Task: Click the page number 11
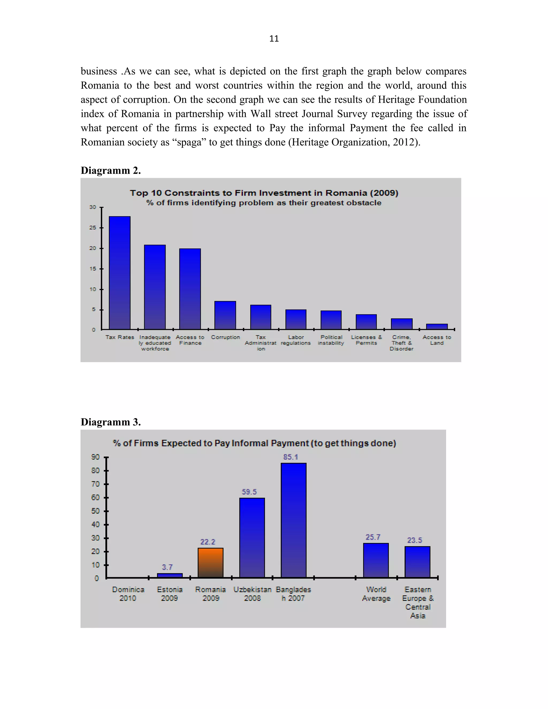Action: [x=274, y=39]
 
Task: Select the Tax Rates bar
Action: [x=119, y=273]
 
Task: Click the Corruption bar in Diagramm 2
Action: [x=225, y=315]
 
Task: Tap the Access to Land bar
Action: [x=437, y=327]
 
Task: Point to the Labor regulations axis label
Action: [x=296, y=340]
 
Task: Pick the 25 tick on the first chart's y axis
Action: [x=93, y=228]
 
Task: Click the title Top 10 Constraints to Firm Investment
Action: [x=264, y=193]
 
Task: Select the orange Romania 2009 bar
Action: [x=210, y=563]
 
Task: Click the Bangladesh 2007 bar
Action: [x=294, y=520]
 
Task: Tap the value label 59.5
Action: [x=249, y=492]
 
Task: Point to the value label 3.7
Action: [x=167, y=567]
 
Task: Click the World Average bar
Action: [x=376, y=560]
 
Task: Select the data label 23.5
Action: [x=414, y=540]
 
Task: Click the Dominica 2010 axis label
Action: [x=128, y=594]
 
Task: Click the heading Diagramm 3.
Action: [x=111, y=422]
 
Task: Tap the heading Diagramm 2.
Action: [x=111, y=170]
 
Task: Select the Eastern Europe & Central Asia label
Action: [x=417, y=602]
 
